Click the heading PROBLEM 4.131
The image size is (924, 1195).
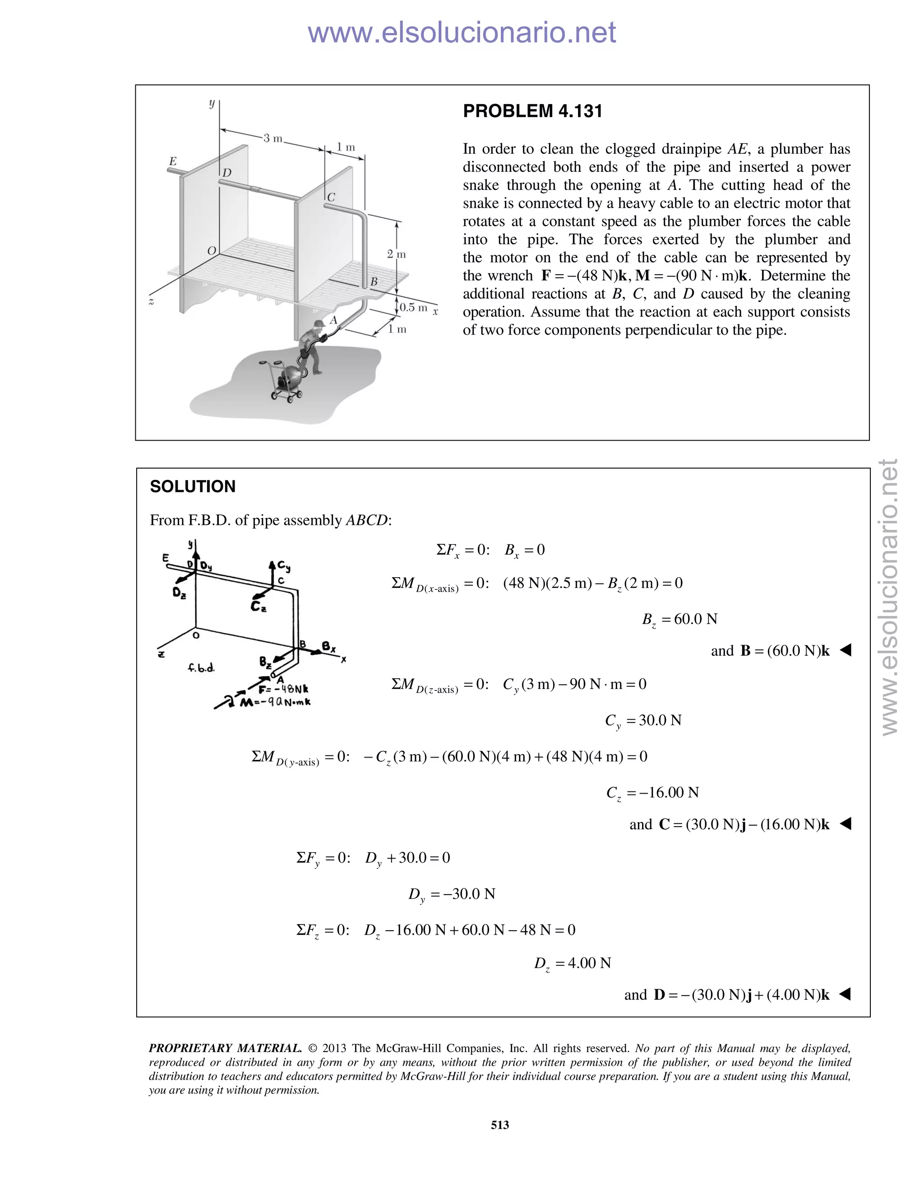532,111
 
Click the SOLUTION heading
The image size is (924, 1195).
193,487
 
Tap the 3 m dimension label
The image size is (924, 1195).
272,138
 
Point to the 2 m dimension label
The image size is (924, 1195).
396,254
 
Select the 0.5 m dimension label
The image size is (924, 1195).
413,308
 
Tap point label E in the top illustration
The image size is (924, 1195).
173,161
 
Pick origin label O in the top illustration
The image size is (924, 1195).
211,251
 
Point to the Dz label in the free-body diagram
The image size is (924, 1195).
179,593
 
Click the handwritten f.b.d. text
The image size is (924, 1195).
201,667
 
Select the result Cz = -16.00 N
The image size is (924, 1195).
652,792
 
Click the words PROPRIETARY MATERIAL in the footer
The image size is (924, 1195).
225,1048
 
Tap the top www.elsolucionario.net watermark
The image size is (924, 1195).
462,32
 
